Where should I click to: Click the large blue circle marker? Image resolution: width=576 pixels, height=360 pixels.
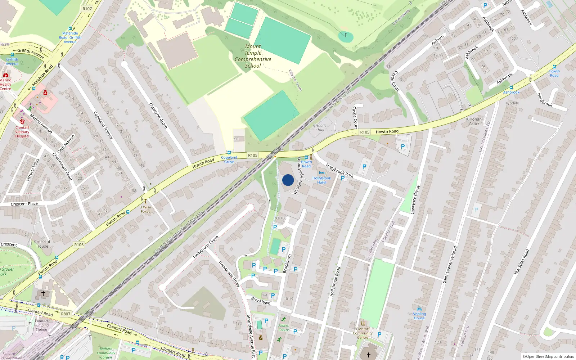[x=288, y=180]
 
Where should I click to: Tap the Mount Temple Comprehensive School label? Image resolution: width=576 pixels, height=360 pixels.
[x=253, y=56]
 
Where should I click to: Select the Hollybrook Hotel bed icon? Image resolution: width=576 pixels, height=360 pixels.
[x=321, y=173]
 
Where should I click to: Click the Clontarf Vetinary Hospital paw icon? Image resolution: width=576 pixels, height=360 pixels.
[x=22, y=122]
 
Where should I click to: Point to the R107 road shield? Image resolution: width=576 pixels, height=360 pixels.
[x=87, y=9]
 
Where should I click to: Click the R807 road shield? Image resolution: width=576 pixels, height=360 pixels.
[x=66, y=314]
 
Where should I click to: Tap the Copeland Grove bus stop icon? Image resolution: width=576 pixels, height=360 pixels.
[x=229, y=153]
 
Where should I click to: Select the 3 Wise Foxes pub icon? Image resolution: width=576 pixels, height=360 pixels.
[x=145, y=202]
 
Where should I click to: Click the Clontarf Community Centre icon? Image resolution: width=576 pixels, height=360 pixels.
[x=363, y=323]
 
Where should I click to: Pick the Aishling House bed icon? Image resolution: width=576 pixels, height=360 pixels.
[x=419, y=309]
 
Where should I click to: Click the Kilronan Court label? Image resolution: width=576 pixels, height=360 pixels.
[x=474, y=121]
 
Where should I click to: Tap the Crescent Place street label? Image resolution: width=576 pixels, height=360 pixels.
[x=24, y=204]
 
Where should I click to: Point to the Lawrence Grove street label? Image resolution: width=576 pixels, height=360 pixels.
[x=415, y=200]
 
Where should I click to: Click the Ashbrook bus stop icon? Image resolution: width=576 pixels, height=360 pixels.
[x=511, y=87]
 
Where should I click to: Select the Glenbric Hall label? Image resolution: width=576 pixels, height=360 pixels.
[x=320, y=127]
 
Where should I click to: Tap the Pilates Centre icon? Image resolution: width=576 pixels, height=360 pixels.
[x=284, y=319]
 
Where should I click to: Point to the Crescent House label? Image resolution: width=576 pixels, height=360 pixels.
[x=42, y=244]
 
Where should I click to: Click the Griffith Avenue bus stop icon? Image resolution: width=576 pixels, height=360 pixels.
[x=12, y=55]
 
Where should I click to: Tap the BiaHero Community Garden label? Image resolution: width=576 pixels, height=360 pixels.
[x=106, y=353]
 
